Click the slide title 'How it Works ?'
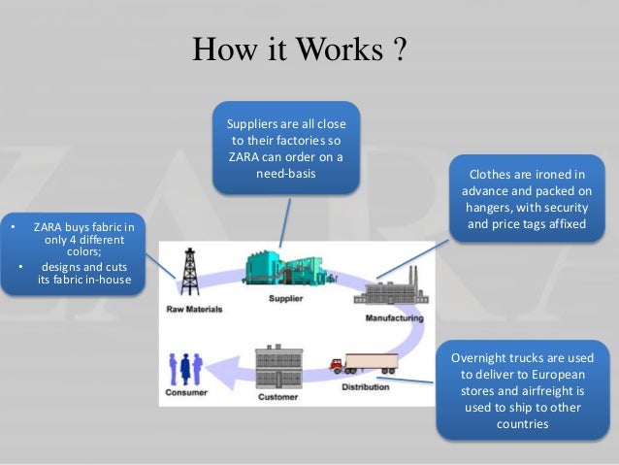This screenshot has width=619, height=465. point(299,50)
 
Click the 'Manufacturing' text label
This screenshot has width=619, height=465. point(394,318)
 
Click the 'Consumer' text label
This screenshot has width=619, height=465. point(185,394)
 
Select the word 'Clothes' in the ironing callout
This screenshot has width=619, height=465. point(491,175)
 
